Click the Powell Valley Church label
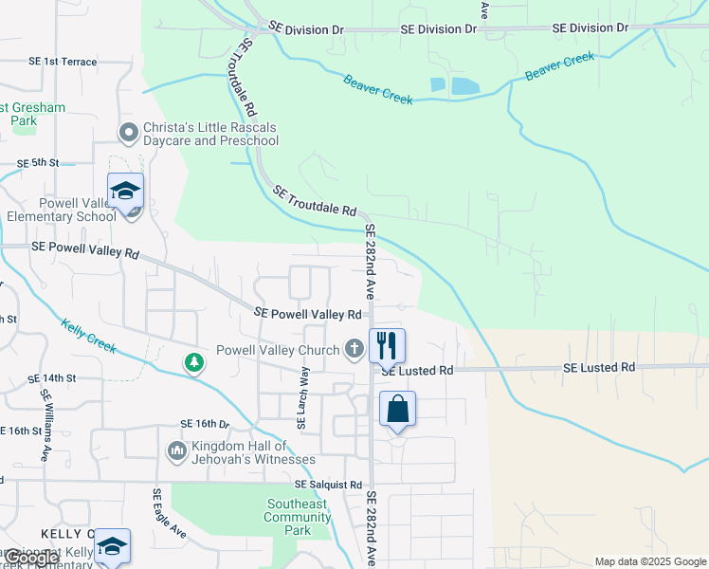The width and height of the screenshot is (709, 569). coord(278,350)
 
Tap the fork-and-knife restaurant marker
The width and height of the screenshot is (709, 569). coord(387,345)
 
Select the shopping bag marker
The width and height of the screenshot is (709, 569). coord(397,409)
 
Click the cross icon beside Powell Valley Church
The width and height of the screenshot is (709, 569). coord(354,349)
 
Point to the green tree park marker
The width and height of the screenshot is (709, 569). coord(194,362)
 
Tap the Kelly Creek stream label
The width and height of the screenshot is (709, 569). coord(89,337)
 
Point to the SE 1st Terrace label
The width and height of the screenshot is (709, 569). coord(63,62)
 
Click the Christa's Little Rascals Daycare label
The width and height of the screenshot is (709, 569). coord(210,135)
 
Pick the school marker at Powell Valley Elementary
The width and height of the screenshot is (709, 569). coord(125,193)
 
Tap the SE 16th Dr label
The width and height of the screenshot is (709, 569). coord(204,423)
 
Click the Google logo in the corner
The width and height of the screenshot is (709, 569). coord(30,558)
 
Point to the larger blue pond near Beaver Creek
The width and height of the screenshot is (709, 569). coord(465,86)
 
